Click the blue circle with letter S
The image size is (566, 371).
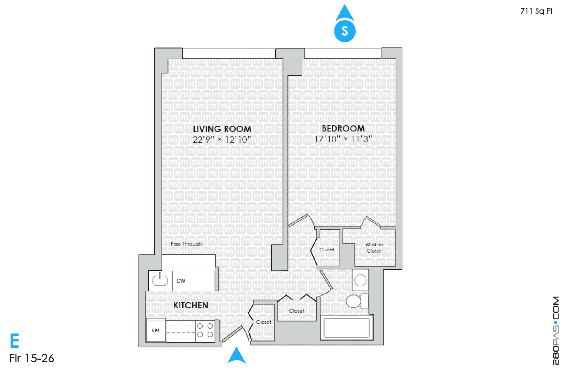point(345,31)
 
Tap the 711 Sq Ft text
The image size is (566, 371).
point(536,11)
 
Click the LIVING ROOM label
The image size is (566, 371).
point(222,129)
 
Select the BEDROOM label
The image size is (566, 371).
point(343,129)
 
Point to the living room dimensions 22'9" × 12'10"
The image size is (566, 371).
point(222,140)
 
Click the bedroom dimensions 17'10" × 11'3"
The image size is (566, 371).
point(343,139)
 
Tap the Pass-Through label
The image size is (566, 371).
point(186,244)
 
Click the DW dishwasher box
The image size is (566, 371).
point(182,281)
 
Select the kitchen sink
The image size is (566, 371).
point(160,280)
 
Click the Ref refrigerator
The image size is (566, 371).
point(156,330)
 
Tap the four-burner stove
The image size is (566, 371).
point(205,330)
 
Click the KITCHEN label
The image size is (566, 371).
point(191,305)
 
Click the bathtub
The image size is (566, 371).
point(347,328)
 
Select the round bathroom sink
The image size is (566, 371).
point(360,280)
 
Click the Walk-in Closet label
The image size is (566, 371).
point(374,248)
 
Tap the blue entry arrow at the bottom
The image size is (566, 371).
point(236,355)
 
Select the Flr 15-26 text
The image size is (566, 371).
point(32,358)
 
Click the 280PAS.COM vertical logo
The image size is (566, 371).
point(556,330)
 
